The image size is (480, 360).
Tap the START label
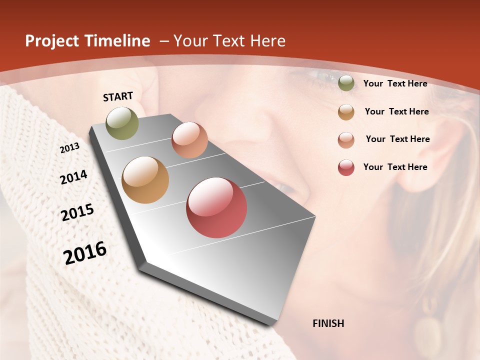[x=118, y=96]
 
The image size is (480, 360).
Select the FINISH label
[x=328, y=323]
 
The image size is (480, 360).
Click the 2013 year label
[x=69, y=148]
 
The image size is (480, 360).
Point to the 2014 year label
[x=73, y=177]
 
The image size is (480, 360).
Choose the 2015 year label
[x=77, y=212]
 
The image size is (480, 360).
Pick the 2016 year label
[x=85, y=252]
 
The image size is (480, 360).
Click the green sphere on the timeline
[x=122, y=123]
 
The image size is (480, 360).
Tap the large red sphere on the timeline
[x=216, y=207]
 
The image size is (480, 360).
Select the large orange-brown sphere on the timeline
[x=145, y=180]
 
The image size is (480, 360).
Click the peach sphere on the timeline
[x=189, y=140]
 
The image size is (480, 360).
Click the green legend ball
[x=346, y=83]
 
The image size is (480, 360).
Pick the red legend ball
[x=346, y=167]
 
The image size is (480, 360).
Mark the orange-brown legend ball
[x=346, y=112]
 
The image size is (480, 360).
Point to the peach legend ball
[x=346, y=140]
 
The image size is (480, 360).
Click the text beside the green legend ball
[x=395, y=83]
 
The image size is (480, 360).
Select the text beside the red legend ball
[x=395, y=167]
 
